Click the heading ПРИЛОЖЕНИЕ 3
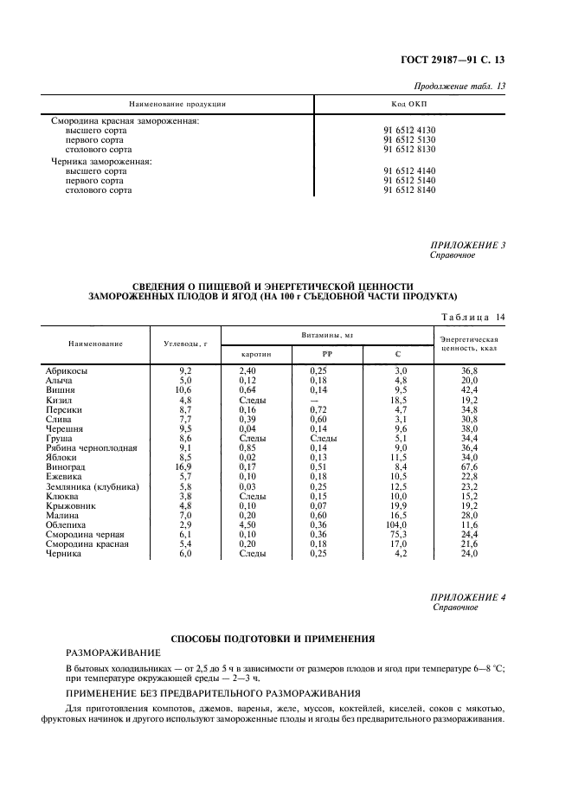467,245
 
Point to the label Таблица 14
473,317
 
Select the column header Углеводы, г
184,344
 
